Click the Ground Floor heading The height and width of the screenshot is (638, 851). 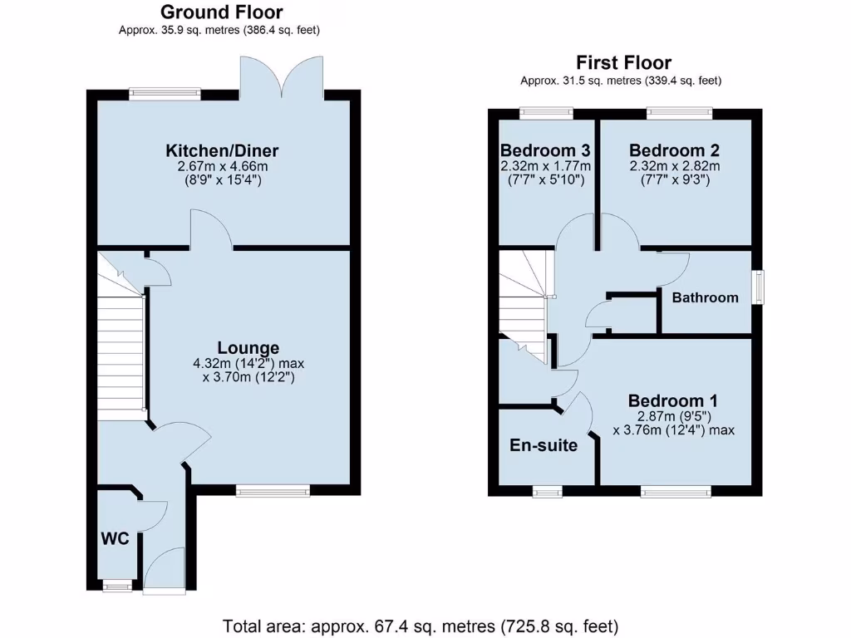point(221,12)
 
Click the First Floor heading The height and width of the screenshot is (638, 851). point(623,63)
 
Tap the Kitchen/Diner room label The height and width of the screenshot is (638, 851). point(222,150)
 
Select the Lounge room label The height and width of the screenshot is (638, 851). point(248,347)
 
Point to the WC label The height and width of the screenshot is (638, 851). point(115,538)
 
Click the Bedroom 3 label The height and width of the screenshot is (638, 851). point(545,150)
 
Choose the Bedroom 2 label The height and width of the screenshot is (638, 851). point(674,150)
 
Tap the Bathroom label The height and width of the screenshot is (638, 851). point(705,297)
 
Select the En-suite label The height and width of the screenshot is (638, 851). point(544,445)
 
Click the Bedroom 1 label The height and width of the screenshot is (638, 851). point(673,400)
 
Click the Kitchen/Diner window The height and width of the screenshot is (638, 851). point(165,94)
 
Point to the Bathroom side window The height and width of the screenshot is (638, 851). point(757,287)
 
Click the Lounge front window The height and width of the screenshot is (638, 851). point(273,491)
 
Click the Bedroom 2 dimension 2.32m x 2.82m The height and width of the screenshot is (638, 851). point(674,166)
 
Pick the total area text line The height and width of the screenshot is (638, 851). point(421,626)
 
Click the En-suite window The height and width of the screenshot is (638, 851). point(547,493)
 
